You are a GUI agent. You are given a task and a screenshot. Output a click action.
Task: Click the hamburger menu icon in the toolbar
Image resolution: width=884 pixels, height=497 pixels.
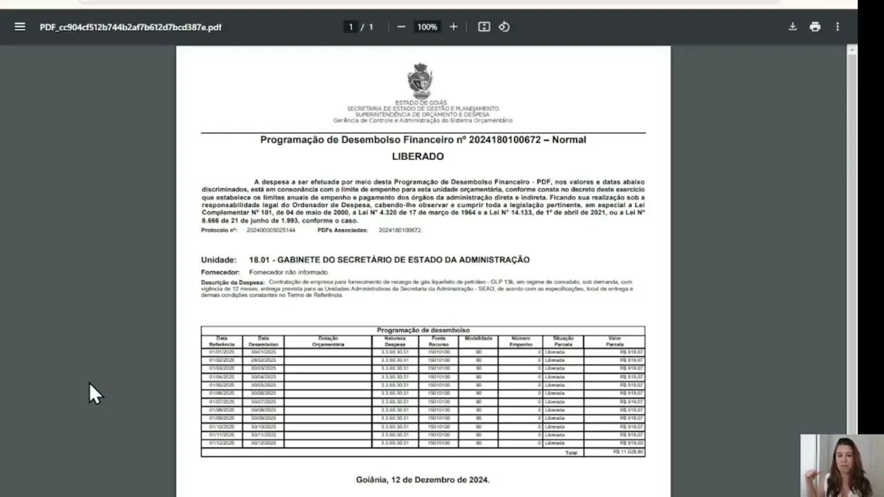point(20,27)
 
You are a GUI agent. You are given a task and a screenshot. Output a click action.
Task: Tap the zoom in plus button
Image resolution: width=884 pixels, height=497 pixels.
point(454,27)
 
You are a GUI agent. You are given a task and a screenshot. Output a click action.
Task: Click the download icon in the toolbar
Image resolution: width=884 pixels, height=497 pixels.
point(793,27)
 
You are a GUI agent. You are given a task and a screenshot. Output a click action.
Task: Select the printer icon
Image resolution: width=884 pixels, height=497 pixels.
point(815,27)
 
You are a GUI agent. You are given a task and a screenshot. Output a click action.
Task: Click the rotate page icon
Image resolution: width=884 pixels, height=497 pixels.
point(504,27)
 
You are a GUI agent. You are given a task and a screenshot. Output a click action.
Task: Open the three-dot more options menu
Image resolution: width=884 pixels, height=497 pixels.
point(838,27)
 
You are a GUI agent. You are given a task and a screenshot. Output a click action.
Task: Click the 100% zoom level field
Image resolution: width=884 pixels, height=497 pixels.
point(427,27)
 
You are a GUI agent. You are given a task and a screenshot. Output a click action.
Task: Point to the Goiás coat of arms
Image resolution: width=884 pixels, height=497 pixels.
point(420,81)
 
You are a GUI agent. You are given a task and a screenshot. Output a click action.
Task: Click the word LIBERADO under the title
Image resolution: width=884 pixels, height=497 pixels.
point(418,157)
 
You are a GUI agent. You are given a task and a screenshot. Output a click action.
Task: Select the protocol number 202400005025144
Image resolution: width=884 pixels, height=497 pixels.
point(271,230)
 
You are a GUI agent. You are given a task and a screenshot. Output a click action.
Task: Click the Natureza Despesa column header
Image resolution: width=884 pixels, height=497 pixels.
point(395,341)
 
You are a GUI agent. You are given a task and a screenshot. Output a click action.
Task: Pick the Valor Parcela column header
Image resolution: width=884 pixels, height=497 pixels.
point(615,341)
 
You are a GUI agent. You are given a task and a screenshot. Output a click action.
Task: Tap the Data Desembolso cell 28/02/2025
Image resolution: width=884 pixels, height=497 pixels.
point(263,360)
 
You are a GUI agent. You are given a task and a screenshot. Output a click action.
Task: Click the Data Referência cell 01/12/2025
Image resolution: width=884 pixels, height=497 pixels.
point(222,443)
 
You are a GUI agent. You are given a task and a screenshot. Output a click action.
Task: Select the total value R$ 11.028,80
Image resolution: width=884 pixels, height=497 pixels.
point(628,452)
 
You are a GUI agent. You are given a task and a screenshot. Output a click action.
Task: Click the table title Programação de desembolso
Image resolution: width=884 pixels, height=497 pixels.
point(423,331)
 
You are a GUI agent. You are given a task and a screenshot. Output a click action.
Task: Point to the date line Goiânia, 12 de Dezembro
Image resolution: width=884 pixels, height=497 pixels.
point(423,480)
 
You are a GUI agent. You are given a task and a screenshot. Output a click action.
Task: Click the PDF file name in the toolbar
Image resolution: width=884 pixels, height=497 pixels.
point(131,27)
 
